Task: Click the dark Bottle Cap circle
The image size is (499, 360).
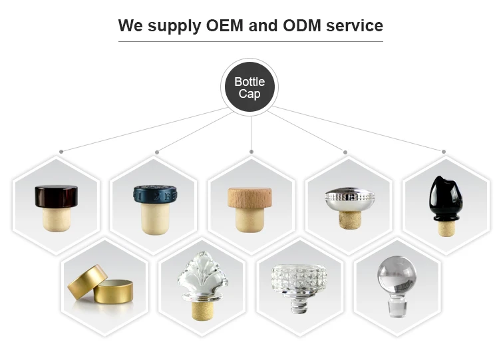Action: (x=249, y=87)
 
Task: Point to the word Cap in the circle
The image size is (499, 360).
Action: (x=249, y=94)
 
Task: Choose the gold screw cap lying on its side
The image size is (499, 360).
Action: (x=86, y=283)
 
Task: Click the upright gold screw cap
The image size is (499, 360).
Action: (x=114, y=291)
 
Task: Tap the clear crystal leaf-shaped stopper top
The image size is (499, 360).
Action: (x=202, y=277)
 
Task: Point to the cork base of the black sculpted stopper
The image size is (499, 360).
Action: (x=443, y=228)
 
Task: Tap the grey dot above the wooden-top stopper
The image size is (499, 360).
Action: (x=251, y=152)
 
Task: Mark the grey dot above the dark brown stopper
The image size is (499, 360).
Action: (x=61, y=152)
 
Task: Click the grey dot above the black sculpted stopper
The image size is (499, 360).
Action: (x=443, y=152)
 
